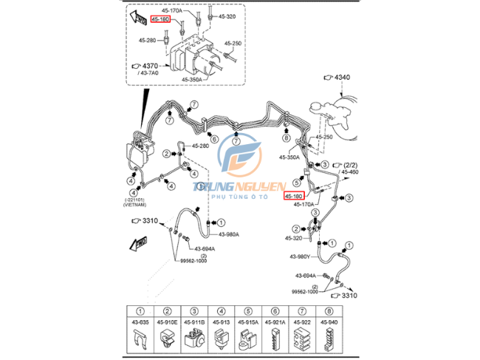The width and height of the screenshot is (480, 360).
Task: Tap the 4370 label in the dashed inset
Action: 151,65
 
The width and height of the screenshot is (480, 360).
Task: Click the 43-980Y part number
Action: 299,257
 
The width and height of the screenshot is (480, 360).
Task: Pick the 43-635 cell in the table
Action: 141,322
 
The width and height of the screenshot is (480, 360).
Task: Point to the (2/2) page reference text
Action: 347,164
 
